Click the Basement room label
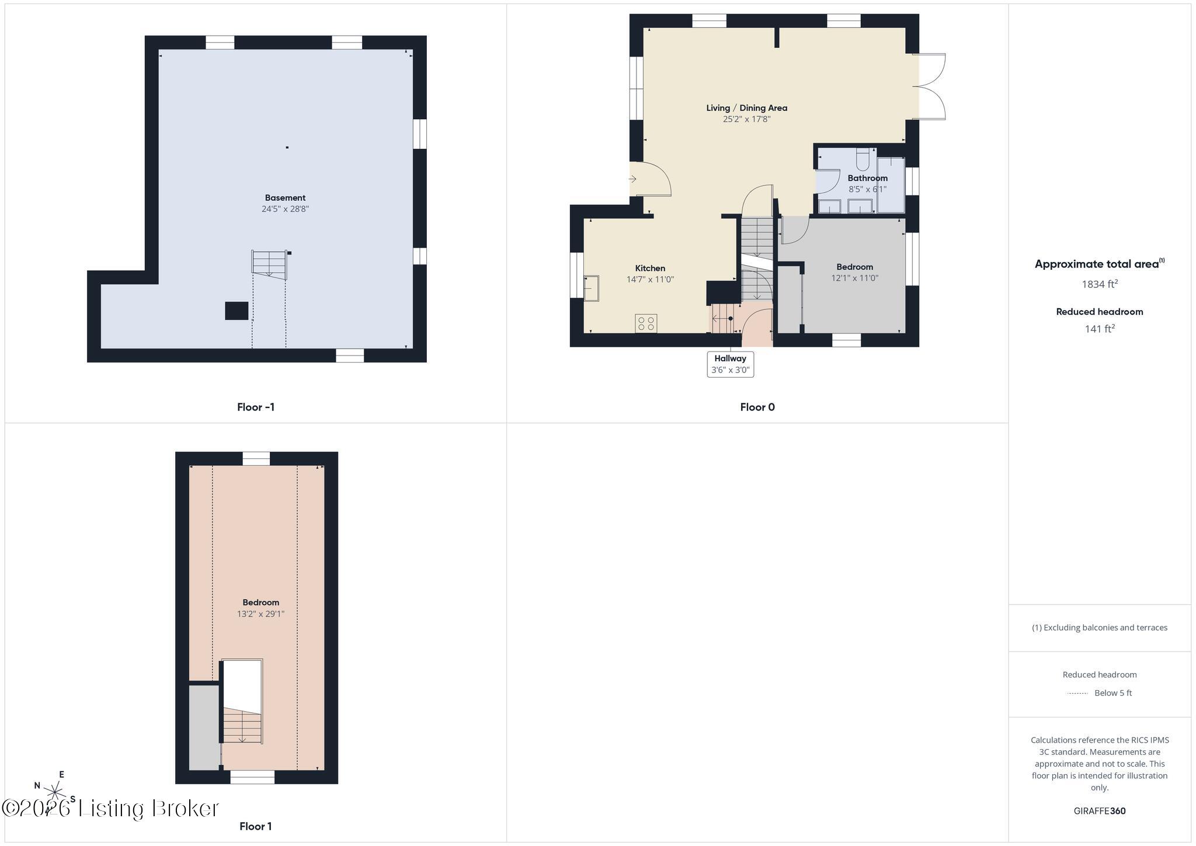tap(285, 198)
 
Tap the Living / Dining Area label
tap(746, 108)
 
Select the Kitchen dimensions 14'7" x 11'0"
tap(650, 280)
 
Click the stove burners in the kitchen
tap(646, 323)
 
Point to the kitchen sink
tap(591, 288)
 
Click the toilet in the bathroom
tap(863, 158)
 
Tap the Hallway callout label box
tap(730, 364)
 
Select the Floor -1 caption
tap(256, 408)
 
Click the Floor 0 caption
tap(757, 408)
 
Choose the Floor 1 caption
tap(256, 826)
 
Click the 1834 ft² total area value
tap(1100, 284)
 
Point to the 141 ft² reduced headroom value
tap(1100, 329)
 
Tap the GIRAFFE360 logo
tap(1100, 811)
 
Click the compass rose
tap(54, 792)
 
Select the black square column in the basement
tap(237, 311)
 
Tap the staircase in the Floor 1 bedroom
tap(242, 725)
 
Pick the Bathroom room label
tap(867, 178)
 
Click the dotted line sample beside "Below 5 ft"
tap(1077, 694)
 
